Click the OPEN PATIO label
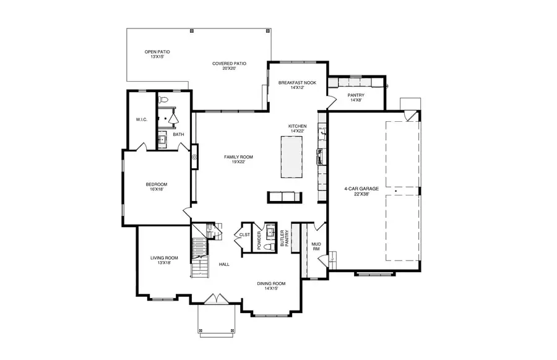[157, 52]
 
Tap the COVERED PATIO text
[229, 63]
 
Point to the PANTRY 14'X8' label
[356, 95]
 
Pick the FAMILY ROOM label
[238, 157]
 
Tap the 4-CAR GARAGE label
[362, 189]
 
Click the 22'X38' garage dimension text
[362, 194]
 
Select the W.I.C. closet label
[141, 119]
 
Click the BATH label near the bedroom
[178, 134]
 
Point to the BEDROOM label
[157, 184]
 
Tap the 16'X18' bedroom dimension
[157, 190]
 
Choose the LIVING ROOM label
[164, 258]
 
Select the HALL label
[224, 264]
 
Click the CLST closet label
[244, 235]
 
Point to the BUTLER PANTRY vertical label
[284, 238]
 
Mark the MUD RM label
[316, 246]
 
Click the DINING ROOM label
[271, 285]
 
